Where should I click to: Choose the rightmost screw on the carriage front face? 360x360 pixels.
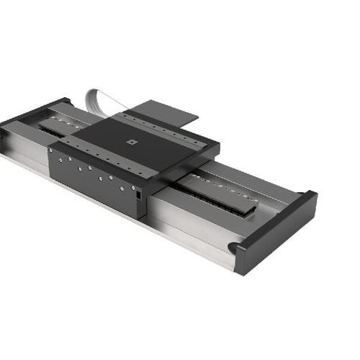(132, 188)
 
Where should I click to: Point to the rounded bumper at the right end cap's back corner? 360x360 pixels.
(309, 195)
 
